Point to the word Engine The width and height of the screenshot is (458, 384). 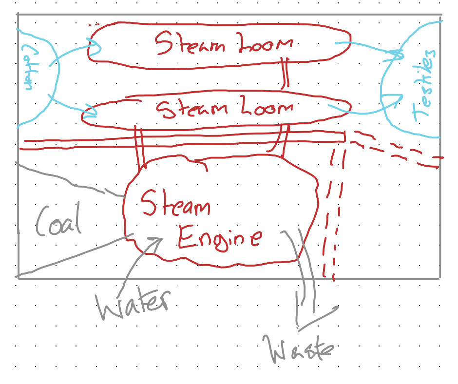click(x=219, y=239)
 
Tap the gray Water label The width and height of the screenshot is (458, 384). click(x=133, y=305)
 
